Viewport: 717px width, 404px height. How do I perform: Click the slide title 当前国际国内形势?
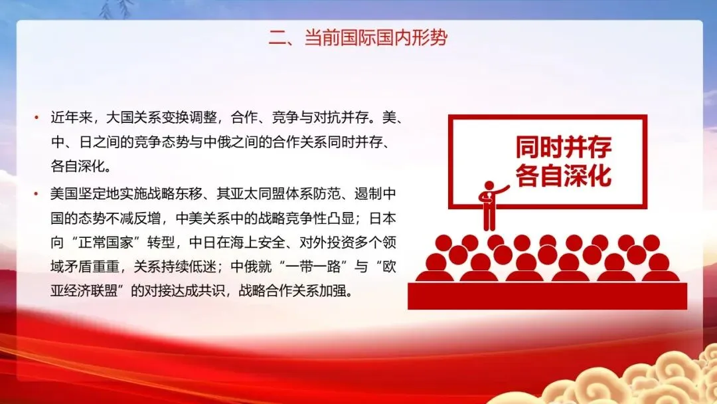pyautogui.click(x=376, y=37)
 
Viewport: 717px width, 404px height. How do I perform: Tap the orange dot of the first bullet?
pyautogui.click(x=37, y=118)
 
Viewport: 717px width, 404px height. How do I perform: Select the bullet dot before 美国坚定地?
pyautogui.click(x=37, y=194)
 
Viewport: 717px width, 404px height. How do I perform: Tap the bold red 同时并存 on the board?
pyautogui.click(x=564, y=147)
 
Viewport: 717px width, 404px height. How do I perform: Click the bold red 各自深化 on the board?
pyautogui.click(x=564, y=175)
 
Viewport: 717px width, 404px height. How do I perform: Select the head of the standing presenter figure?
pyautogui.click(x=489, y=186)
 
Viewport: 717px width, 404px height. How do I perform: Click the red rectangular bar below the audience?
pyautogui.click(x=547, y=296)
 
